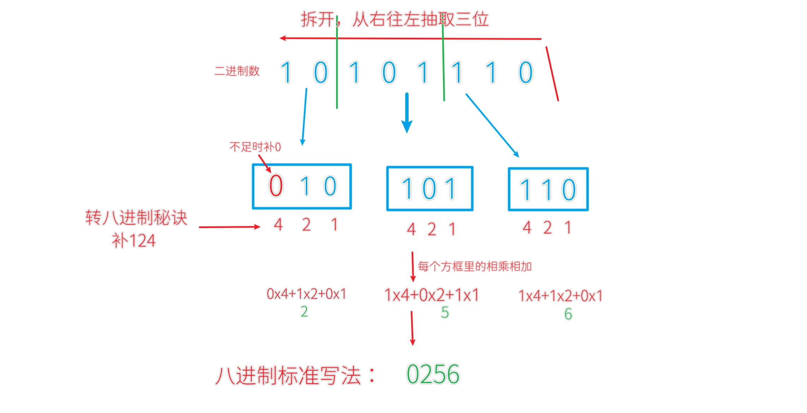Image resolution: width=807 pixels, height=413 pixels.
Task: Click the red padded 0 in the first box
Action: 276,186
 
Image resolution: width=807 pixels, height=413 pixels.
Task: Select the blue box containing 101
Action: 429,189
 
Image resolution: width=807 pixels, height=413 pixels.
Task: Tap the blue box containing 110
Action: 548,189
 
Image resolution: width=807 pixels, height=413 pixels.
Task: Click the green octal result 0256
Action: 433,374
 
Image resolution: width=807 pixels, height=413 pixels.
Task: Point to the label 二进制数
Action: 237,71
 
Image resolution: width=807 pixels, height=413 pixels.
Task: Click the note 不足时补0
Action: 255,147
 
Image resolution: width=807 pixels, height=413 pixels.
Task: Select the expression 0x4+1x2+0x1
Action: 306,294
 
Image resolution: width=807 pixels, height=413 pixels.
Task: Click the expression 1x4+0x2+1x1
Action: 432,295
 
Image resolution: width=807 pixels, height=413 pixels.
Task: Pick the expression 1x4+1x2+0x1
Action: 560,296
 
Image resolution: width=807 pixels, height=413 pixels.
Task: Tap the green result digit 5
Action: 445,313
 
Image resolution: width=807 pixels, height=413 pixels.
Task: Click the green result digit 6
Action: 568,314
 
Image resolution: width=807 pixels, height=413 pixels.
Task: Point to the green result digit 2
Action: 304,312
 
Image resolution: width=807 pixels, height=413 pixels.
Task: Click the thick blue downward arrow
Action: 407,113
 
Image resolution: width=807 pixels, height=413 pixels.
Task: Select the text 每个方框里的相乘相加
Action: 475,266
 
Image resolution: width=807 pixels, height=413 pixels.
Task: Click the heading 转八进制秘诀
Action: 136,218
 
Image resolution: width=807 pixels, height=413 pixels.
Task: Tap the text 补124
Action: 133,241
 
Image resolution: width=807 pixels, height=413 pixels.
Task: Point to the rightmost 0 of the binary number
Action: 526,72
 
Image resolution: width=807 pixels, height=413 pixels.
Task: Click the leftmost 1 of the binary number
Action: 286,72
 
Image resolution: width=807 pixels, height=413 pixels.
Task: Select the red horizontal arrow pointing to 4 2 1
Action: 230,227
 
